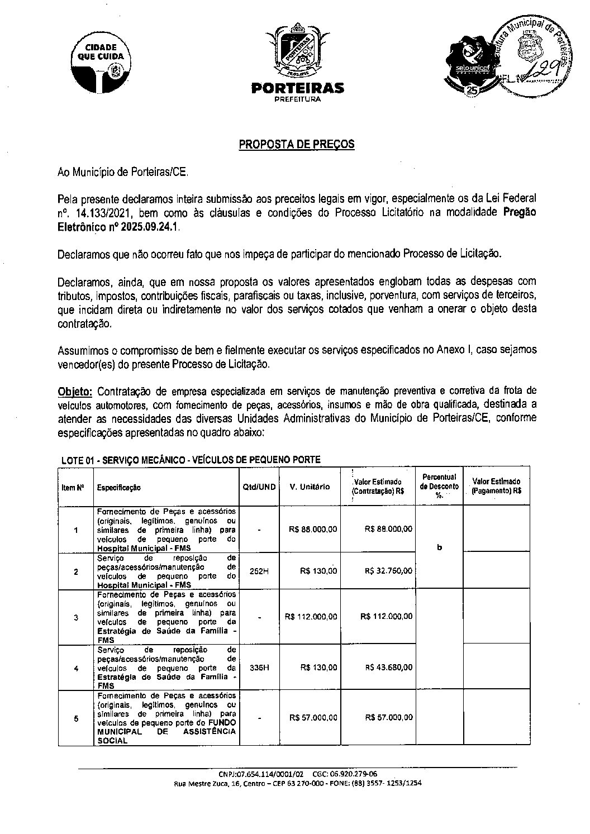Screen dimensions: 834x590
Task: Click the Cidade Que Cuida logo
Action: (101, 65)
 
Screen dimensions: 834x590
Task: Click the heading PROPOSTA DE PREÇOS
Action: (297, 145)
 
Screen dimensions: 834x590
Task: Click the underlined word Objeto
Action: (73, 389)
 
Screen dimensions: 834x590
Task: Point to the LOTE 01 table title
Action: (191, 460)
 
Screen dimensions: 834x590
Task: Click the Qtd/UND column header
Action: (259, 487)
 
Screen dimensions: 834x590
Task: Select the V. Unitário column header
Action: (310, 487)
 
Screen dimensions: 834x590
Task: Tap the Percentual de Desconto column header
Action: (439, 487)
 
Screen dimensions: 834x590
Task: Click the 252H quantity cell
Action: (259, 571)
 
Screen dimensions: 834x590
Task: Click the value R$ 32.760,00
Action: (389, 571)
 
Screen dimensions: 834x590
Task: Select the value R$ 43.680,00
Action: (389, 668)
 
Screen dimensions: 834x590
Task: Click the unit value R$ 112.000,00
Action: (311, 617)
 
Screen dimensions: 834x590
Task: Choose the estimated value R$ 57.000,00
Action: (389, 718)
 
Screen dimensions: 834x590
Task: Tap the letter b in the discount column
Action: (439, 547)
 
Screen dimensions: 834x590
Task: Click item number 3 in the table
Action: (76, 617)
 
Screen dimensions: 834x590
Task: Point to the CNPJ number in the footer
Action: (261, 774)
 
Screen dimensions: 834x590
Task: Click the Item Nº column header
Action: (73, 488)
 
